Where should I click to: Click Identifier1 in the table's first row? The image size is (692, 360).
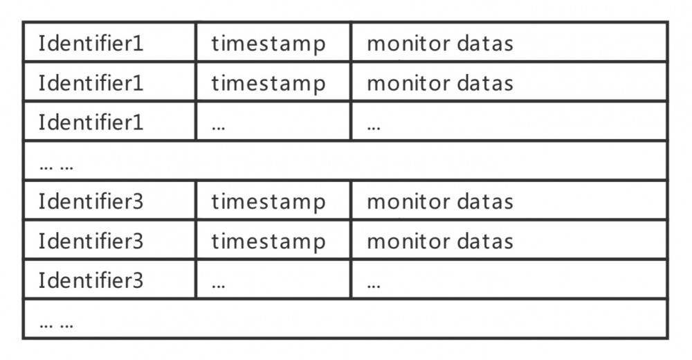point(91,44)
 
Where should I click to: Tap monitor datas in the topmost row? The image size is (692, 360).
point(440,44)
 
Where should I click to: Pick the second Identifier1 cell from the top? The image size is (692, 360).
point(91,83)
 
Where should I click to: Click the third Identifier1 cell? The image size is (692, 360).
point(91,123)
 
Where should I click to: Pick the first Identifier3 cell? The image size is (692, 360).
point(91,201)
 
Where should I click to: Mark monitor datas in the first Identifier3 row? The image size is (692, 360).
point(440,202)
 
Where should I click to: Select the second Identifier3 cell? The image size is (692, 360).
point(91,241)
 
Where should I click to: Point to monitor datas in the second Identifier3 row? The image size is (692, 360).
point(440,242)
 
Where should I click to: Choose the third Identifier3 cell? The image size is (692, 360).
point(91,280)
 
